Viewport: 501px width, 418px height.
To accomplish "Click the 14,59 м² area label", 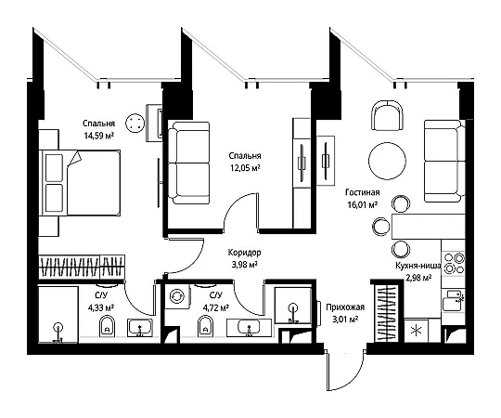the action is pyautogui.click(x=98, y=136).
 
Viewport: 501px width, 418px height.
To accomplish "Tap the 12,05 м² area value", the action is pyautogui.click(x=245, y=167).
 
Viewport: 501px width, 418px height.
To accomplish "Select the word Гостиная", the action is pyautogui.click(x=363, y=192).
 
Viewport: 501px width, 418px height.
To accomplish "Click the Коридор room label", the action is pyautogui.click(x=244, y=253).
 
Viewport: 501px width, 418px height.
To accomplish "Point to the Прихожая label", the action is pyautogui.click(x=345, y=307).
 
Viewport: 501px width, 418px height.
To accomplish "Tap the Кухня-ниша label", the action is pyautogui.click(x=417, y=266).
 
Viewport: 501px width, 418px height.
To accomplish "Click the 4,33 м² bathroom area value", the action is pyautogui.click(x=101, y=307).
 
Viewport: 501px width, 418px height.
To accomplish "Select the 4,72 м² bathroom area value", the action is pyautogui.click(x=215, y=307).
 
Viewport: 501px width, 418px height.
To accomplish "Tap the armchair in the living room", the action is pyautogui.click(x=387, y=115).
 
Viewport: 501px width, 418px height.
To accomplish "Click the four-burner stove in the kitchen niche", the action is pyautogui.click(x=453, y=263).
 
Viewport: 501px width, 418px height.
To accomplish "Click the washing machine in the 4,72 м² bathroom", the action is pyautogui.click(x=177, y=296).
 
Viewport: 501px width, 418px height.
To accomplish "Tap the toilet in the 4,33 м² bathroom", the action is pyautogui.click(x=108, y=326).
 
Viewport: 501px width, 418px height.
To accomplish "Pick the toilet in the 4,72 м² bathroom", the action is pyautogui.click(x=205, y=326).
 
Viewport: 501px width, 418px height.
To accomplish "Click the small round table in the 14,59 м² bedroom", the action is pyautogui.click(x=135, y=123).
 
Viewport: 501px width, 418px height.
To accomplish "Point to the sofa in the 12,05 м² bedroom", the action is pyautogui.click(x=189, y=163).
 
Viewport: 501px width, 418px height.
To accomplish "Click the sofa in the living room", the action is pyautogui.click(x=444, y=162).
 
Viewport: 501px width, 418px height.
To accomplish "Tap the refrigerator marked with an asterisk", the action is pyautogui.click(x=416, y=331).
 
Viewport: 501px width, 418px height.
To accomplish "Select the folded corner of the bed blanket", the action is pyautogui.click(x=75, y=158).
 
